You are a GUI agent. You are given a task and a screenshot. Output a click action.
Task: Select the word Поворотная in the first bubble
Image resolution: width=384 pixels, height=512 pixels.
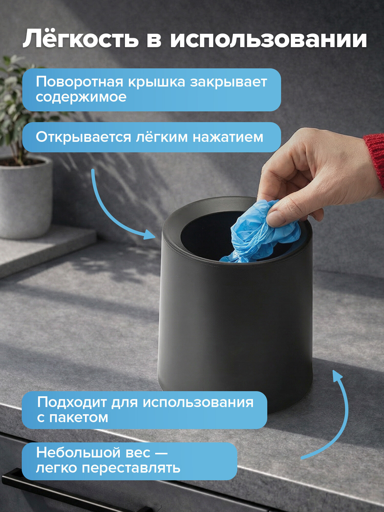(79, 82)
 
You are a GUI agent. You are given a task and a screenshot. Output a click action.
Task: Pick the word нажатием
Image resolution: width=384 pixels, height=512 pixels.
(228, 137)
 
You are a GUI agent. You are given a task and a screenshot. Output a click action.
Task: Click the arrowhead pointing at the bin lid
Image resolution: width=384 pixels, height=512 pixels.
(150, 234)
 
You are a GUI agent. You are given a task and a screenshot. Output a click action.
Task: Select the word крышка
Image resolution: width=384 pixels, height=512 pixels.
(156, 82)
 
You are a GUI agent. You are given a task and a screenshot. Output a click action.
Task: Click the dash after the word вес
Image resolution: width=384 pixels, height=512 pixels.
(161, 453)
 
